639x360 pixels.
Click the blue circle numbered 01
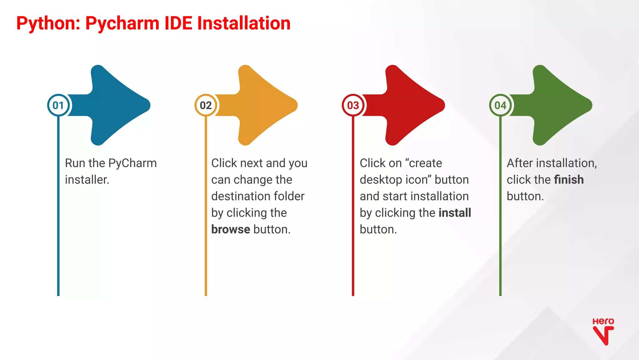(58, 105)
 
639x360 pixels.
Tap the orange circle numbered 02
(206, 105)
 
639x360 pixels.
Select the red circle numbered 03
(353, 105)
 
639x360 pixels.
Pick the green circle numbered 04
(500, 105)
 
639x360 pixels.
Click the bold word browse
(231, 229)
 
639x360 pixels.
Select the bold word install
(455, 213)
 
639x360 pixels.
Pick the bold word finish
(568, 180)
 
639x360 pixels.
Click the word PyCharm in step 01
(132, 163)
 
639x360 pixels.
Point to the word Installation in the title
(244, 23)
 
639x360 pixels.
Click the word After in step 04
(520, 163)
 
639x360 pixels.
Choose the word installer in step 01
(87, 180)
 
